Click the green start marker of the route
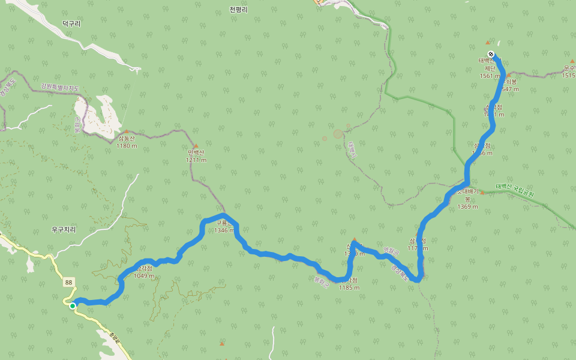(73, 306)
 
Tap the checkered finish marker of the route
(491, 55)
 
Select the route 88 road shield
(69, 283)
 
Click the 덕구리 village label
(71, 23)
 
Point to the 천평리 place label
(238, 10)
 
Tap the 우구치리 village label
(64, 230)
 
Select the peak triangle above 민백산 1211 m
(196, 146)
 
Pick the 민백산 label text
(196, 153)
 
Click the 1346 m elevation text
(224, 230)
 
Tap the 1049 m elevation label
(144, 277)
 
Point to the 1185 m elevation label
(349, 287)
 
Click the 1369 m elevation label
(467, 207)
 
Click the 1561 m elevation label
(490, 76)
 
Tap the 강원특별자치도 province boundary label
(60, 88)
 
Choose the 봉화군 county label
(322, 280)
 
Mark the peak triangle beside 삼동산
(126, 131)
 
